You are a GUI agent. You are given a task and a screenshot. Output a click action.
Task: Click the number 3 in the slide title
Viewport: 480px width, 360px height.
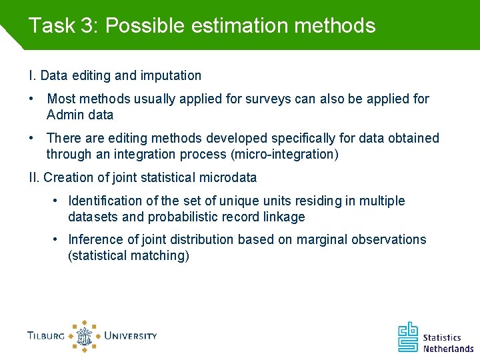pyautogui.click(x=87, y=26)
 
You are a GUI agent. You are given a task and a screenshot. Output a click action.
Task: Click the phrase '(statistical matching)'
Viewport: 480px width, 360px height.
pyautogui.click(x=129, y=255)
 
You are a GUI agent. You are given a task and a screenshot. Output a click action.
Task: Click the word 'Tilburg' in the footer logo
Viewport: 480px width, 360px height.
pyautogui.click(x=46, y=336)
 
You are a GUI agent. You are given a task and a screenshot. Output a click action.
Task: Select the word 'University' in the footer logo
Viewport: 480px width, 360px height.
pyautogui.click(x=130, y=335)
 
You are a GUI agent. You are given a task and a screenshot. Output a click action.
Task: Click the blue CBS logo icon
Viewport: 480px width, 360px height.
pyautogui.click(x=408, y=337)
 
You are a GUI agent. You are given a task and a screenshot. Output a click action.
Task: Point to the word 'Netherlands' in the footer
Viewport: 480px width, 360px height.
pyautogui.click(x=448, y=348)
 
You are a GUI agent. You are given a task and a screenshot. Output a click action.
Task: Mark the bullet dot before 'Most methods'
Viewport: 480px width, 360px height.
pyautogui.click(x=31, y=99)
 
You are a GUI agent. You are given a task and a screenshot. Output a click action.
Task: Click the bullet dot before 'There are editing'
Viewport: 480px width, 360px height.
pyautogui.click(x=31, y=138)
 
